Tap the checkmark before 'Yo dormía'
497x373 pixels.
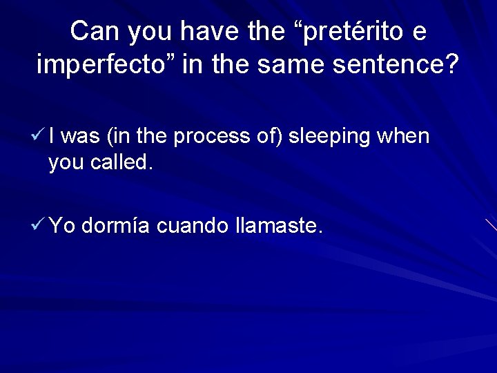pos(40,224)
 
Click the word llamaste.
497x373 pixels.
pos(278,225)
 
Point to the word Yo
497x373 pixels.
pos(63,225)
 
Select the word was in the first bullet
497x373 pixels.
pos(84,137)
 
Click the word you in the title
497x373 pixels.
pos(143,32)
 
